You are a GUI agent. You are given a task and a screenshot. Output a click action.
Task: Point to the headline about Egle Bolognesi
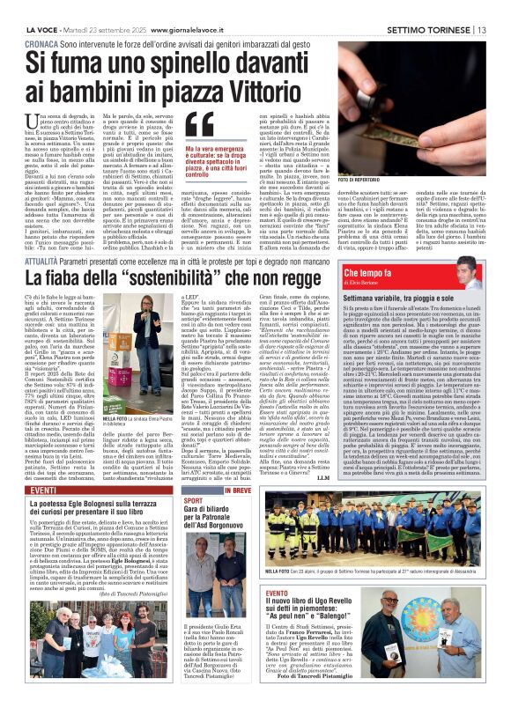click(x=106, y=513)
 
